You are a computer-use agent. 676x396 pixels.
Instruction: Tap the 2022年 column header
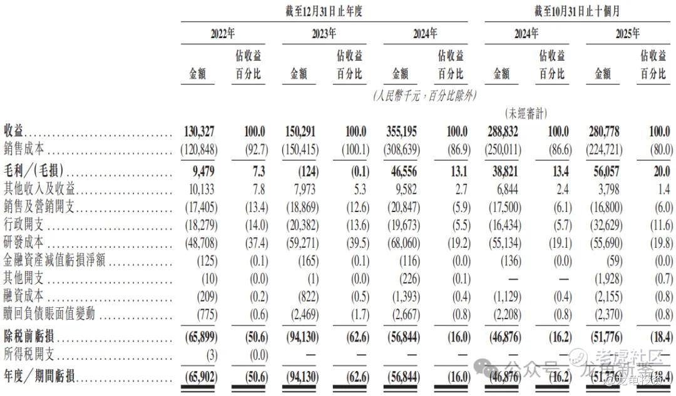222,34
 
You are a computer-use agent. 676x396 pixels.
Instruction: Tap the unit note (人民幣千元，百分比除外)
425,96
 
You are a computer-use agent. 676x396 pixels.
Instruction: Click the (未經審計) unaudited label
526,114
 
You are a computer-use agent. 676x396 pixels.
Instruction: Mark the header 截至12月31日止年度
323,11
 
